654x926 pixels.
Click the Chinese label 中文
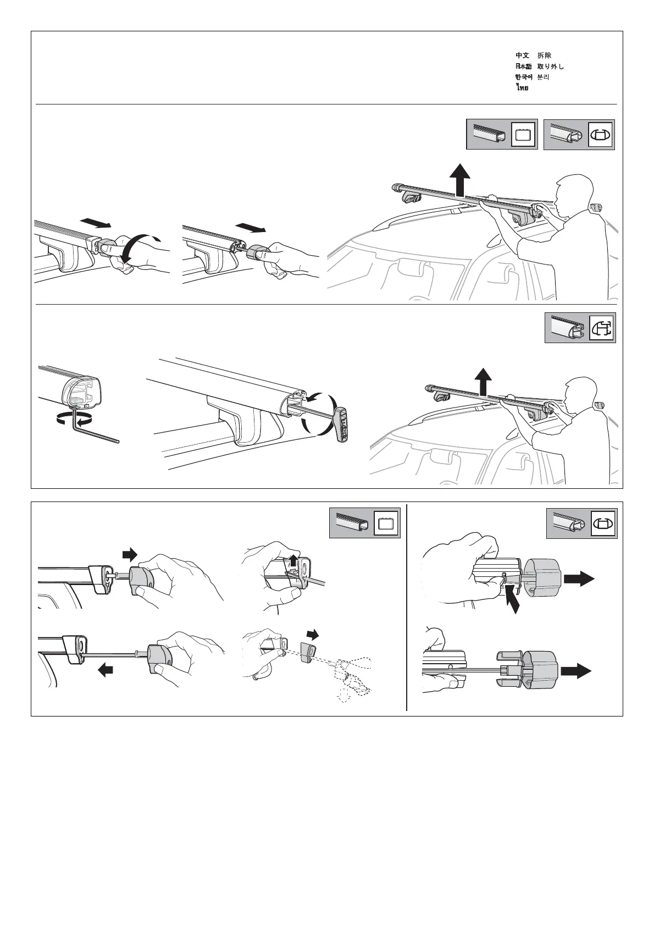[x=522, y=56]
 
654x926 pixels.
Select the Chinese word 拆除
[x=544, y=56]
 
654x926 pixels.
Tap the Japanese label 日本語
[x=523, y=67]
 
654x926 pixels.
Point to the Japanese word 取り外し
[x=550, y=67]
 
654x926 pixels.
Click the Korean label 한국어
[x=524, y=77]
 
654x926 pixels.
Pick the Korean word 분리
[x=543, y=77]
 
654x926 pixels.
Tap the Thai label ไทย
[x=522, y=88]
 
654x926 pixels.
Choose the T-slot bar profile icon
[x=602, y=328]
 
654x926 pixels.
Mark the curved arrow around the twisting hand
[x=138, y=246]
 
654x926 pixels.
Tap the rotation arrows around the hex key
[x=74, y=419]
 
